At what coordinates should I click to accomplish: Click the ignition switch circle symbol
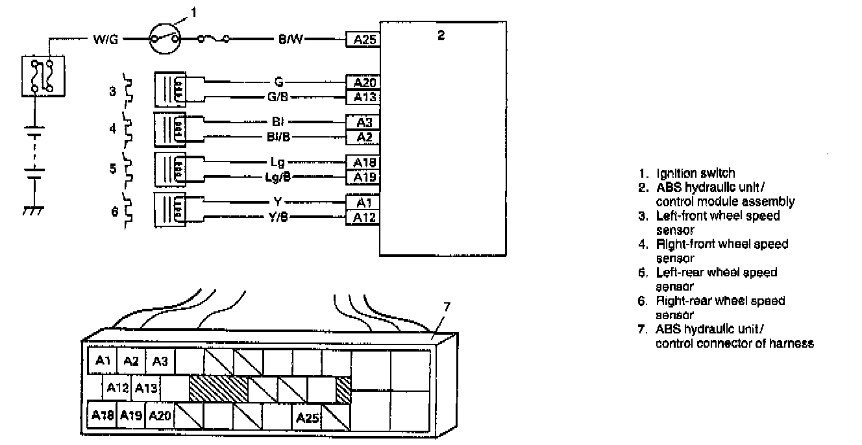(x=165, y=39)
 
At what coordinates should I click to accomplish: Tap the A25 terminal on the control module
(x=363, y=40)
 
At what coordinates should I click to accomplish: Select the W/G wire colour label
(x=105, y=40)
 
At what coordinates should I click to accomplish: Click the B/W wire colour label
(x=290, y=39)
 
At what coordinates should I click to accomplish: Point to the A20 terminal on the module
(x=363, y=82)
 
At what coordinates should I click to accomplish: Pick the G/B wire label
(x=278, y=97)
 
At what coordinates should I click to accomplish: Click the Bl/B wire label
(x=278, y=137)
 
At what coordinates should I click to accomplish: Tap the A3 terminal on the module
(x=363, y=123)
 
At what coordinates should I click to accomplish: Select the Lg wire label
(x=277, y=162)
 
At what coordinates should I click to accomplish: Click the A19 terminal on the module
(x=363, y=177)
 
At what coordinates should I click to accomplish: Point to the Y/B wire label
(x=278, y=217)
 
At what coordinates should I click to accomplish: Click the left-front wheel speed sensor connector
(x=170, y=90)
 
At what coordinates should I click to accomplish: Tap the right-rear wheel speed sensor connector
(x=170, y=210)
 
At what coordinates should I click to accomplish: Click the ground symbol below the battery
(x=33, y=211)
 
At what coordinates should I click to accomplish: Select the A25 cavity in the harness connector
(x=306, y=417)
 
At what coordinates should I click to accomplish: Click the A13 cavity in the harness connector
(x=146, y=388)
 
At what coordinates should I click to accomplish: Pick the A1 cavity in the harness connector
(x=103, y=361)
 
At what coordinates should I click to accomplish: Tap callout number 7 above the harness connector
(x=447, y=307)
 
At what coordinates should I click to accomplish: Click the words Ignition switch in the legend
(x=695, y=173)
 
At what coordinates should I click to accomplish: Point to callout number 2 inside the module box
(x=441, y=36)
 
